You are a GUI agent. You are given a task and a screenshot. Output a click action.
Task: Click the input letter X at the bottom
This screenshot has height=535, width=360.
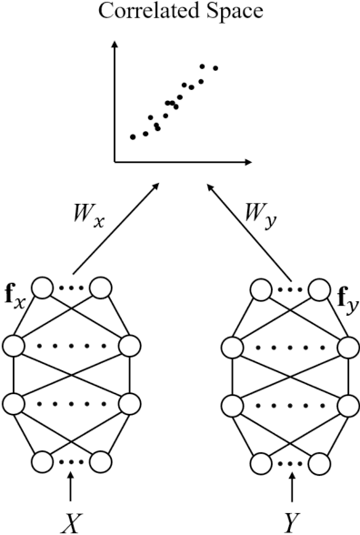click(71, 521)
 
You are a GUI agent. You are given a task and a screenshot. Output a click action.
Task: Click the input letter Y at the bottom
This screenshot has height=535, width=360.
click(291, 521)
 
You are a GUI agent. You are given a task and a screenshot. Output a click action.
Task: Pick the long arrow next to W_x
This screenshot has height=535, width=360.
click(116, 227)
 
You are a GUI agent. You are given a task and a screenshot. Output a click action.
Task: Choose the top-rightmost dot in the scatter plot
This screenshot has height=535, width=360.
click(215, 67)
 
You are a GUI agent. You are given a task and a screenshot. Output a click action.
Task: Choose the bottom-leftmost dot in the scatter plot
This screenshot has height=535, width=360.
click(133, 137)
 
